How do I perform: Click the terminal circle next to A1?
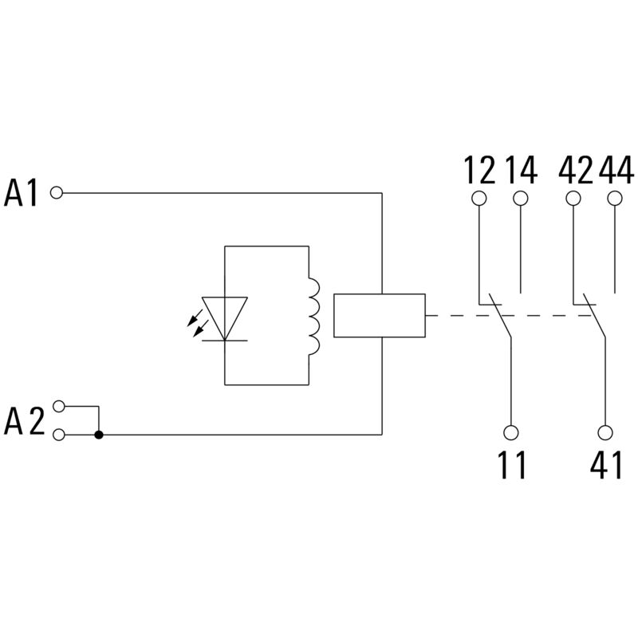click(57, 192)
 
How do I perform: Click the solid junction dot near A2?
click(99, 435)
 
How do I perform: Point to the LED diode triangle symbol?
click(225, 317)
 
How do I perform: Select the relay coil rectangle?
click(379, 315)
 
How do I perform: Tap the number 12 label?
click(479, 170)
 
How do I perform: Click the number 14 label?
click(522, 170)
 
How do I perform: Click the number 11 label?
click(511, 466)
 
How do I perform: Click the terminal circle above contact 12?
click(479, 198)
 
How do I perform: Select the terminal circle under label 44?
click(614, 198)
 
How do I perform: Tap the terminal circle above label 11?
click(511, 433)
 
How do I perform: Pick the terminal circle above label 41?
click(605, 433)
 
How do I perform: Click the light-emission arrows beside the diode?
click(194, 321)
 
